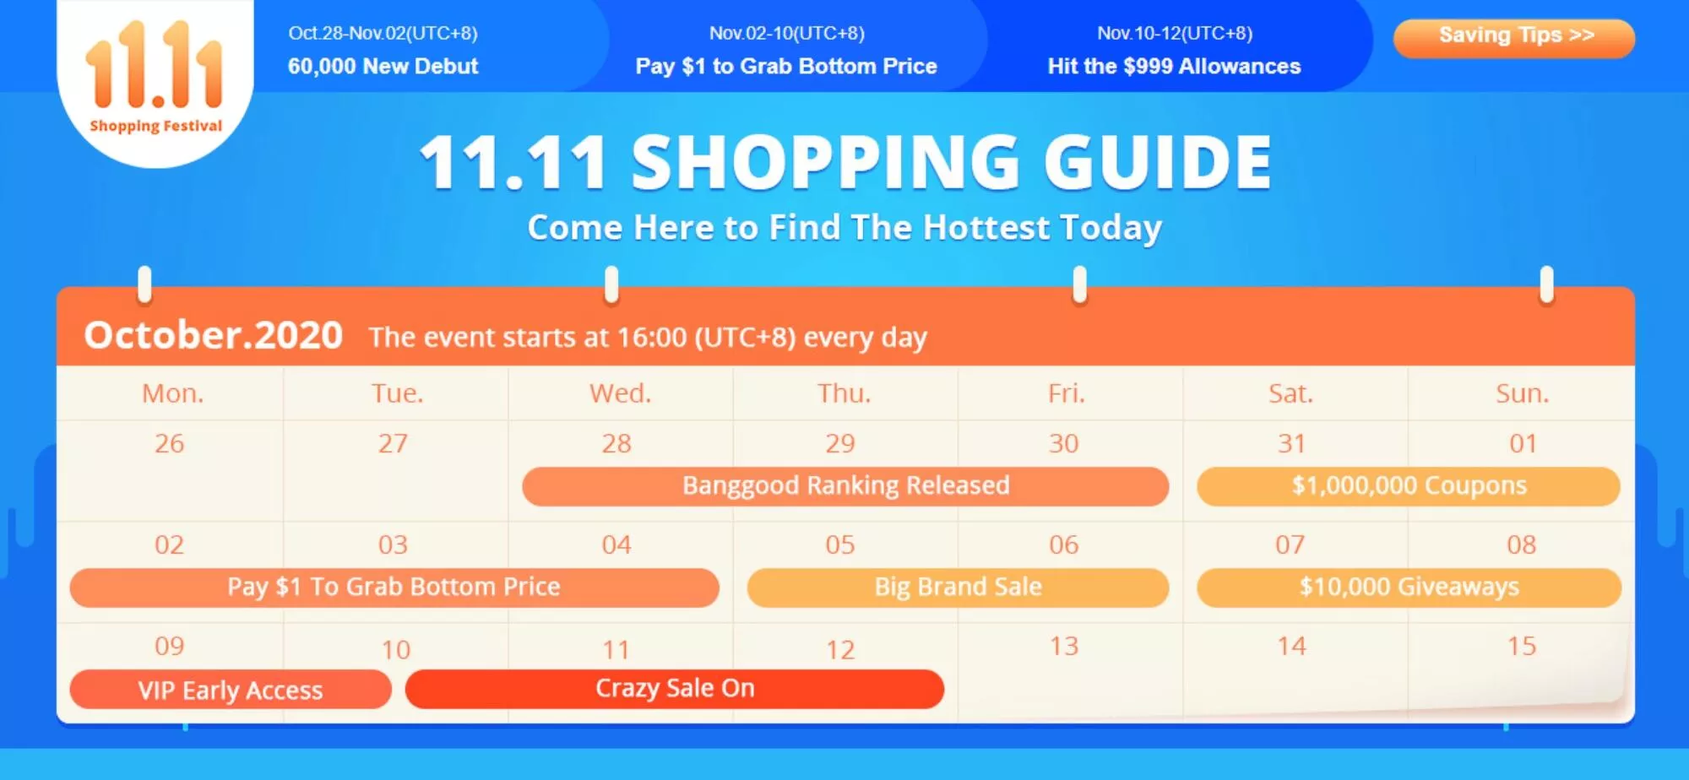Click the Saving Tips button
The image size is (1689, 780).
[x=1514, y=38]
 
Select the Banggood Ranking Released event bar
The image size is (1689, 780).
[x=845, y=486]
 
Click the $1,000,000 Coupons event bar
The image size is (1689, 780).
[x=1409, y=486]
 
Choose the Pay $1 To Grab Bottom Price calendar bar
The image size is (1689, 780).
[x=394, y=588]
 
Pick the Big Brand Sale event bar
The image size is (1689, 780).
[x=959, y=588]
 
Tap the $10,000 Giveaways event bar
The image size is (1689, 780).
[x=1409, y=588]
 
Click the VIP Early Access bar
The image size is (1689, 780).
[x=231, y=690]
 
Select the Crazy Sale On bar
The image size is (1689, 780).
[x=675, y=689]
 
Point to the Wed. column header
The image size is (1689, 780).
[x=621, y=393]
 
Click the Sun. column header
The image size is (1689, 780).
[x=1523, y=393]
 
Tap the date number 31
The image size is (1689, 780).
[x=1291, y=443]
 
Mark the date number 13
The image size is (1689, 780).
[x=1064, y=646]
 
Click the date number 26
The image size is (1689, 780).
[x=169, y=443]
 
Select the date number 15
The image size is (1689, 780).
[x=1522, y=646]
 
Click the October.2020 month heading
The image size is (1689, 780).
[x=213, y=335]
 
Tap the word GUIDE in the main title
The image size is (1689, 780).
[x=1158, y=162]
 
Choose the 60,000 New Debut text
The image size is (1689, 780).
[x=383, y=66]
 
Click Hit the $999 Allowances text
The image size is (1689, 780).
[x=1174, y=66]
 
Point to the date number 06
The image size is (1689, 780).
[x=1064, y=544]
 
